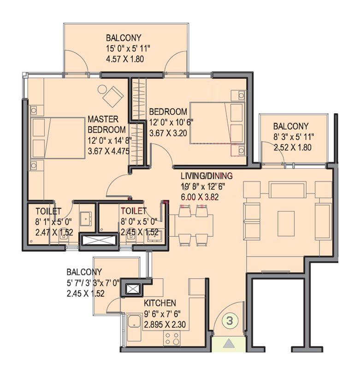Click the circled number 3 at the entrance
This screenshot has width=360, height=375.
pos(230,321)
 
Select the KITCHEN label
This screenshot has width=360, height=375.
pos(160,303)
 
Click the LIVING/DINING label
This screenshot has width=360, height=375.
pos(207,176)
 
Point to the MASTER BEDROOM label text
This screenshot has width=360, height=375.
pos(107,124)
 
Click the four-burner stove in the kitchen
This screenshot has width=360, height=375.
pos(172,338)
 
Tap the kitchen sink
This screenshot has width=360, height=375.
pos(135,321)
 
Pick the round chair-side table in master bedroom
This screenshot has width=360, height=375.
pos(102,90)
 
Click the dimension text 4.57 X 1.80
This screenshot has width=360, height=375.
pos(125,59)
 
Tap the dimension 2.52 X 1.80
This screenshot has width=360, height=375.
pos(293,147)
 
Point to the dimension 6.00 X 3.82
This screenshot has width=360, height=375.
pos(200,197)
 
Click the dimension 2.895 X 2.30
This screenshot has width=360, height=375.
pos(165,324)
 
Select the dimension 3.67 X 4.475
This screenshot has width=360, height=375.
pos(109,151)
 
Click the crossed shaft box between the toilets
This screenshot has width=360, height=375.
pos(99,240)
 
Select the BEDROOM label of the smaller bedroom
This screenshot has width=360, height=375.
pos(168,111)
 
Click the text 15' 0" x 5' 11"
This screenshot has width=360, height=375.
pos(128,48)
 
